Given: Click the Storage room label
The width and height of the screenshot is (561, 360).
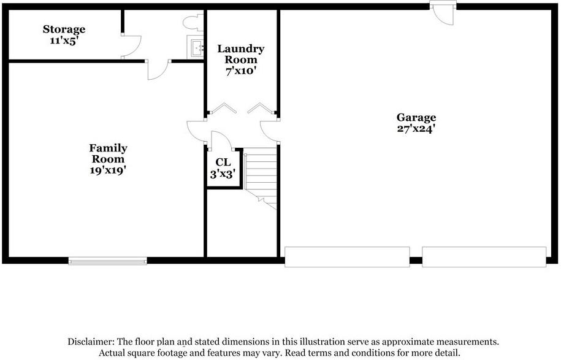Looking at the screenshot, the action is point(64,29).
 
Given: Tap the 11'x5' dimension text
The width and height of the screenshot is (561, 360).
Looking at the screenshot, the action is point(64,40).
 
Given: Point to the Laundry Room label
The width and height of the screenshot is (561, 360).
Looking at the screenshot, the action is point(241,54).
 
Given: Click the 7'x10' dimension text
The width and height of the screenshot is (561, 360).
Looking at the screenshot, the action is point(241,71).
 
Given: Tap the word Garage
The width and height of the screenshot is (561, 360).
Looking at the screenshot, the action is point(416,118).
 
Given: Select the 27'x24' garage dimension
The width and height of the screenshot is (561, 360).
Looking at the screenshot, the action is point(416,129).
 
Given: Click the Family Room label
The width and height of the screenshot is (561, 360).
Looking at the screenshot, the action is point(108,153).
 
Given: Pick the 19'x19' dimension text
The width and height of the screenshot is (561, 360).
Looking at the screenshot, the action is point(108,170).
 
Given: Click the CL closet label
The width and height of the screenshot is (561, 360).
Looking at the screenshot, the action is point(223,163).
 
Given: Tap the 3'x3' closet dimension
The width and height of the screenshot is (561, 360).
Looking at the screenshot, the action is point(223,174).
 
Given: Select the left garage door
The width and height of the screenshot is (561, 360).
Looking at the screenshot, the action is point(347,256).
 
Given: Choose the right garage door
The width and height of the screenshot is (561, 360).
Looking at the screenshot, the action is point(484,256).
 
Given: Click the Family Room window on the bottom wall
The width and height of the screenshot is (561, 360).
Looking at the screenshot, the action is point(108,261).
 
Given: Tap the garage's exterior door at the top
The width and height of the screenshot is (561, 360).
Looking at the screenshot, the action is point(443,13).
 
